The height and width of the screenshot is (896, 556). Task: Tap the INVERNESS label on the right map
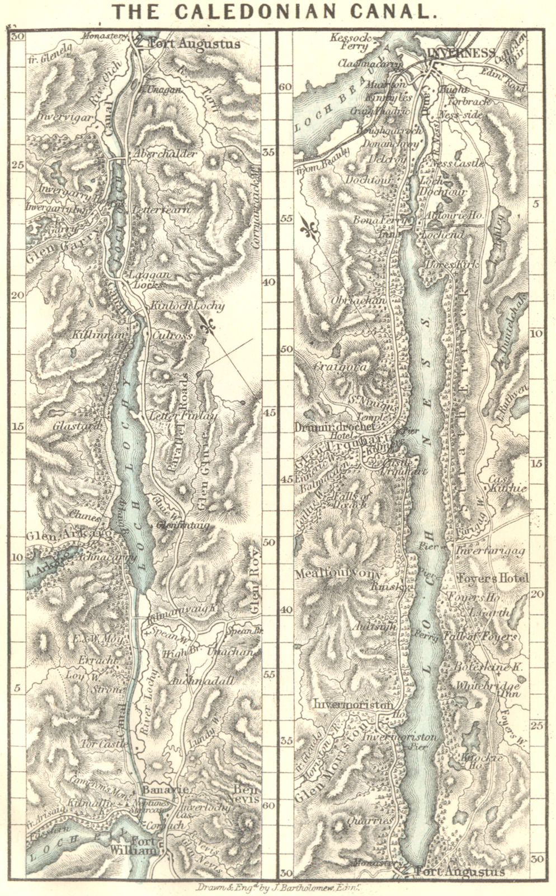pyautogui.click(x=460, y=53)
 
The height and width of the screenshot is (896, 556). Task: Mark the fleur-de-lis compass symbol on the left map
pyautogui.click(x=210, y=324)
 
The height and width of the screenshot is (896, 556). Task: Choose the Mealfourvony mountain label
pyautogui.click(x=339, y=573)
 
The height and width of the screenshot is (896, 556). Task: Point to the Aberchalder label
pyautogui.click(x=163, y=153)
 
